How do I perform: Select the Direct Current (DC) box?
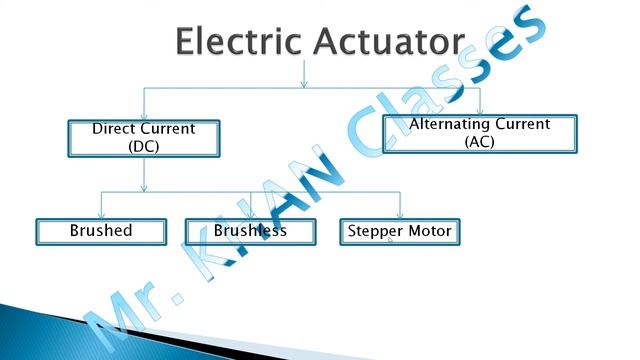144,138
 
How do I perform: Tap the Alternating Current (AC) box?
480,133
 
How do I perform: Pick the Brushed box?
101,231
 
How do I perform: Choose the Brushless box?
250,231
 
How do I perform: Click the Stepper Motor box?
400,231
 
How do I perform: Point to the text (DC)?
144,146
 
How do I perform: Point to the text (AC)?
480,142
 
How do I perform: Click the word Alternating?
445,125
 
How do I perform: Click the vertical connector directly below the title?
304,75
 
